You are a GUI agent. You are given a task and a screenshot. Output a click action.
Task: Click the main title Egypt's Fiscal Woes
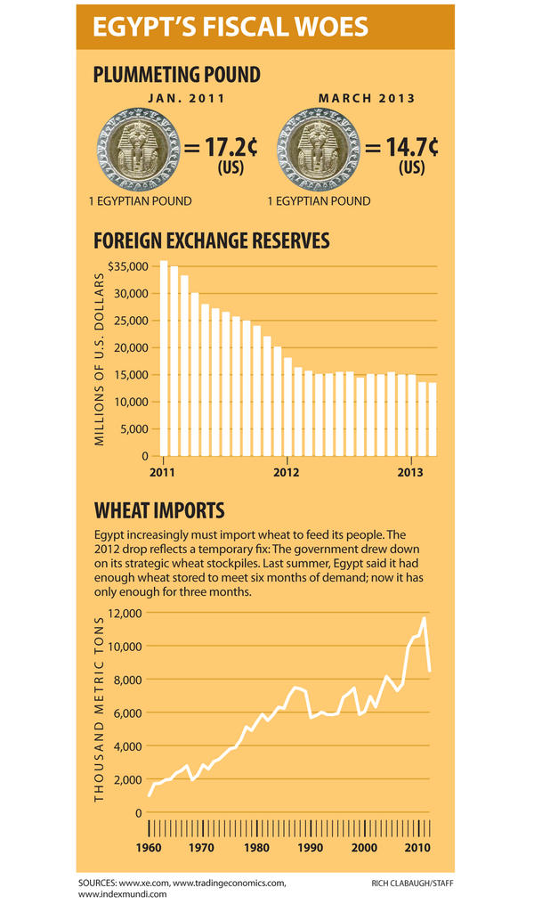point(231,28)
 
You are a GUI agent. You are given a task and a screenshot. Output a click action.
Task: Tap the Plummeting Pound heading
point(177,75)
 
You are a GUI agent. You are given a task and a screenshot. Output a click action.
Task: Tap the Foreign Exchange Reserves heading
point(212,240)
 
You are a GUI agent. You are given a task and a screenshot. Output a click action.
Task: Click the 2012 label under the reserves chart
point(286,471)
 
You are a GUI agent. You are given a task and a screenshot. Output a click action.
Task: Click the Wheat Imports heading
point(159,510)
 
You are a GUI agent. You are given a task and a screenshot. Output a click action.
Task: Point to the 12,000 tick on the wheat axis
point(125,613)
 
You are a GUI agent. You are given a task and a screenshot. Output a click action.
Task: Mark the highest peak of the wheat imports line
point(425,617)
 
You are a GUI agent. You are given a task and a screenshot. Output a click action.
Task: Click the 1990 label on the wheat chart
point(311,848)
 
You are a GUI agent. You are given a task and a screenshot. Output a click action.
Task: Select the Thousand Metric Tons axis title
point(100,708)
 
